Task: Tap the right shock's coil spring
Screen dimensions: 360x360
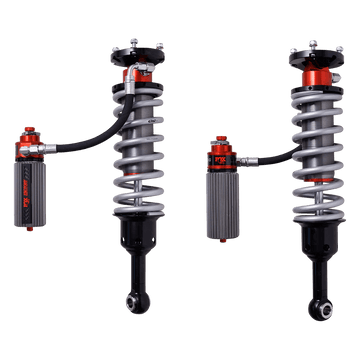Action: coord(305,140)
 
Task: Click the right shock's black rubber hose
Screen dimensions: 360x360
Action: coord(265,154)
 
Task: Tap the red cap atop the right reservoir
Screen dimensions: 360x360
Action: coord(223,144)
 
